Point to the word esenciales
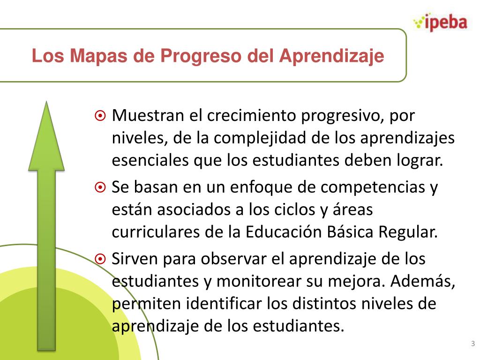pos(150,161)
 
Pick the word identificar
pos(225,304)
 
